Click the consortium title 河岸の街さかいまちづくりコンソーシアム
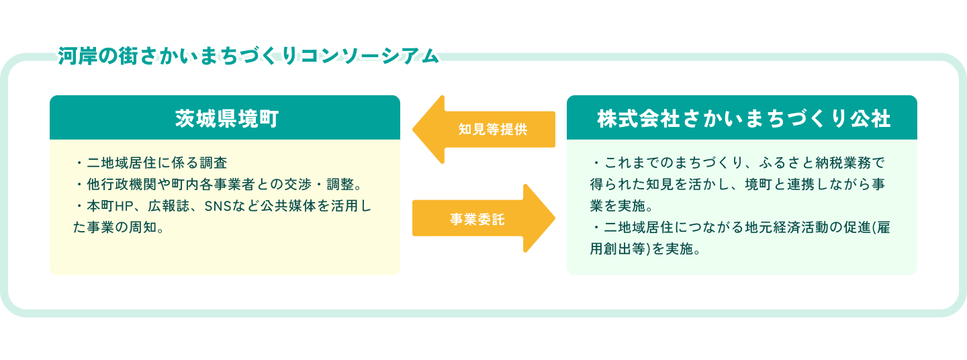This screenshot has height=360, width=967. (248, 56)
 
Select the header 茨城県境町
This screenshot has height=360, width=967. (225, 118)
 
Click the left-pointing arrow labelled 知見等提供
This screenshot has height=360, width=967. (483, 130)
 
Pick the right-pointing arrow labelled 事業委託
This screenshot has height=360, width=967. (483, 219)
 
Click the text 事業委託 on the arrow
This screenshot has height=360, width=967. (477, 219)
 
